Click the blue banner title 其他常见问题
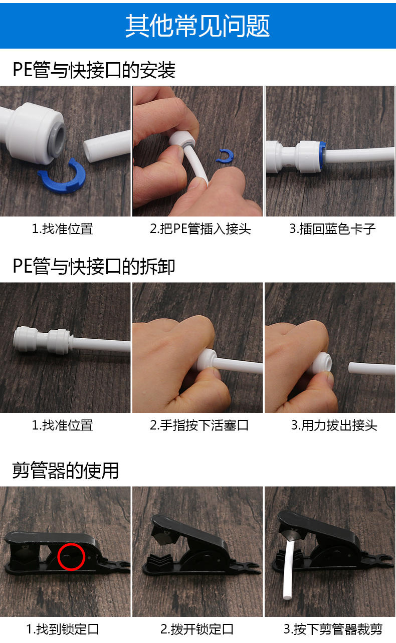(x=197, y=26)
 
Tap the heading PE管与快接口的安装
(x=94, y=70)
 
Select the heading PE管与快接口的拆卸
(x=94, y=267)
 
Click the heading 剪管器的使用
(x=66, y=471)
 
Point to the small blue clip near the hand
(x=225, y=156)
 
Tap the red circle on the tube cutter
(x=71, y=556)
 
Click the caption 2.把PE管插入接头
(x=200, y=229)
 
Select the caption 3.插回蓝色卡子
(x=332, y=229)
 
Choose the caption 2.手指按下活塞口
(x=200, y=425)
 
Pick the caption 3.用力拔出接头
(x=334, y=425)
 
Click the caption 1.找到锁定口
(x=63, y=629)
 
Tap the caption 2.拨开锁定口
(x=197, y=629)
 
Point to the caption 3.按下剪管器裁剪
(x=333, y=629)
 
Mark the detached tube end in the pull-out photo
(x=371, y=369)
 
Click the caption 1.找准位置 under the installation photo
(x=62, y=229)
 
